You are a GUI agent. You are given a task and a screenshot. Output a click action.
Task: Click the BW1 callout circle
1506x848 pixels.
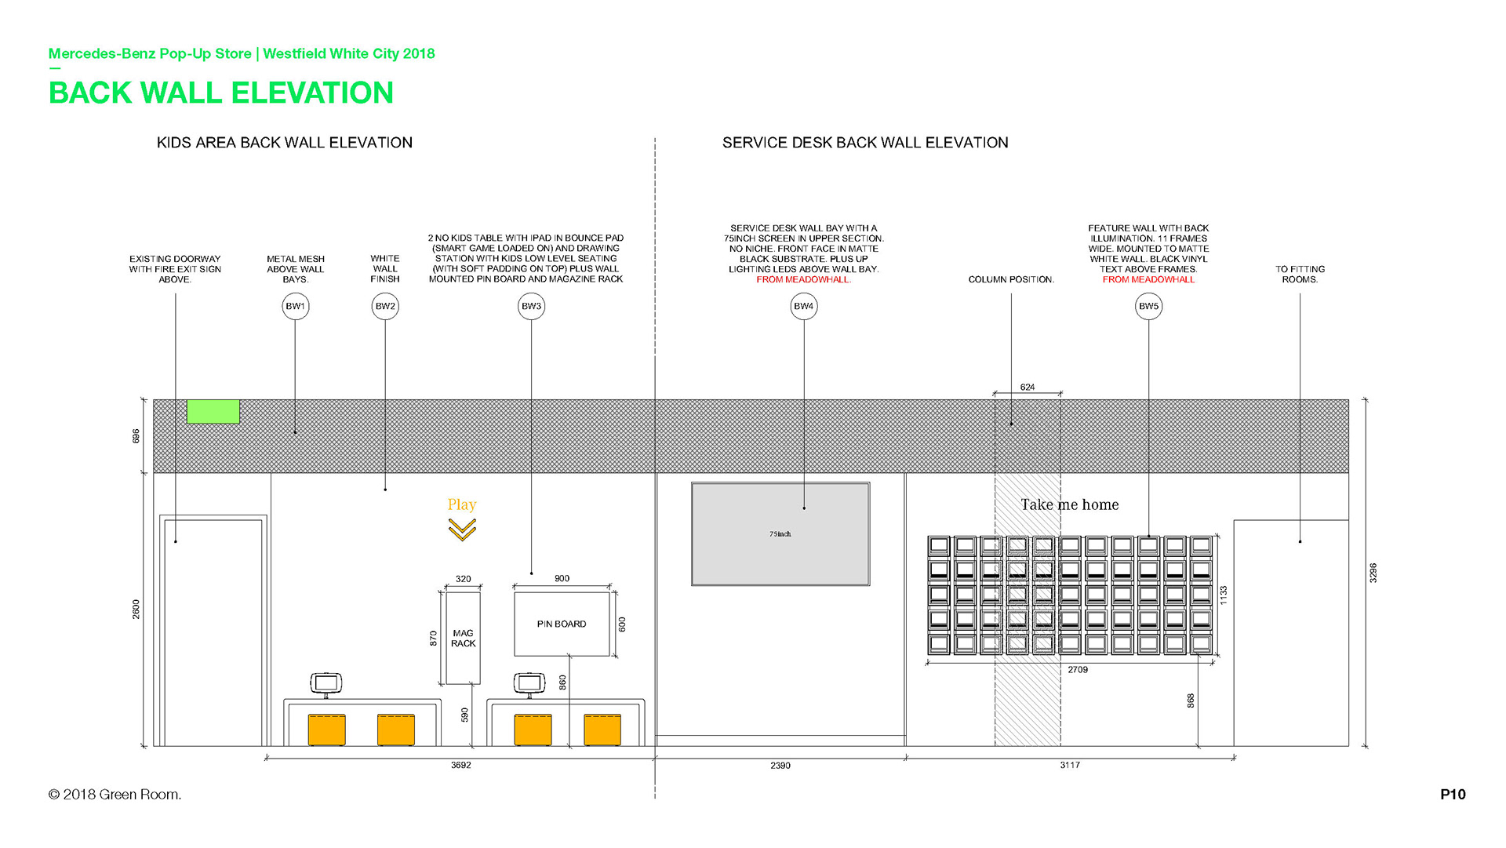pos(296,306)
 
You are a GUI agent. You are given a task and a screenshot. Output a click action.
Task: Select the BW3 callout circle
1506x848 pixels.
pos(531,306)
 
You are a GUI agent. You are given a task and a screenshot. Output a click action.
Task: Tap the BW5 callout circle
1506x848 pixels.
pos(1148,306)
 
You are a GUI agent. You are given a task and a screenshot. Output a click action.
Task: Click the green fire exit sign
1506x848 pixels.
pos(213,411)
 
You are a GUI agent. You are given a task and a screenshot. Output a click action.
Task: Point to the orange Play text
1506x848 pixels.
pos(462,504)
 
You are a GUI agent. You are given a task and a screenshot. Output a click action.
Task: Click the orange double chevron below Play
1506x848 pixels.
pos(462,531)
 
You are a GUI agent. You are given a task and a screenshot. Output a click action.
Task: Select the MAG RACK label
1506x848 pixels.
pos(463,638)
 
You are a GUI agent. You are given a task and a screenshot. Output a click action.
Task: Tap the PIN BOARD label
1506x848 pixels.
pos(562,624)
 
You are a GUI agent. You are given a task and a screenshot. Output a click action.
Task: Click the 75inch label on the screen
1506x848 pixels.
pos(780,534)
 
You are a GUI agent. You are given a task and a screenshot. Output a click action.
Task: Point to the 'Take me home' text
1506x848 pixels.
pos(1070,504)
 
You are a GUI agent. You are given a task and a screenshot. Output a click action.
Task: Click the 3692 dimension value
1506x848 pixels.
pos(461,765)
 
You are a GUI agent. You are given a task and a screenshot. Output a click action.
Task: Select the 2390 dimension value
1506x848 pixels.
pos(780,766)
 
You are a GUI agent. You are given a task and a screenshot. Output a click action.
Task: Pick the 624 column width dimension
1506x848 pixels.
pos(1028,388)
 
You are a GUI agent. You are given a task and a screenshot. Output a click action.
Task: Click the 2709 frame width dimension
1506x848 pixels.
pos(1078,670)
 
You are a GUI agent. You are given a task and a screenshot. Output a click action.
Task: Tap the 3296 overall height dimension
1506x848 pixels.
pos(1373,573)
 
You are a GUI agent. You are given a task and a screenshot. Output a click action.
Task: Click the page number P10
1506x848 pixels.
pos(1453,795)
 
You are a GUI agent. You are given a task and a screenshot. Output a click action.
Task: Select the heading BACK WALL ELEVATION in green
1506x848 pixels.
pos(221,93)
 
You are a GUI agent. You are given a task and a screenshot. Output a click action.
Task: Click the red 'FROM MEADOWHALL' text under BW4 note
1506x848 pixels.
pos(803,280)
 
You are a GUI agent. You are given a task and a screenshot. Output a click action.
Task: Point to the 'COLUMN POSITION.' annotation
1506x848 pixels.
pos(1011,279)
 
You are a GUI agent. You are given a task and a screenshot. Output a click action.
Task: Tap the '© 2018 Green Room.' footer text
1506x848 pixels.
pos(115,795)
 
